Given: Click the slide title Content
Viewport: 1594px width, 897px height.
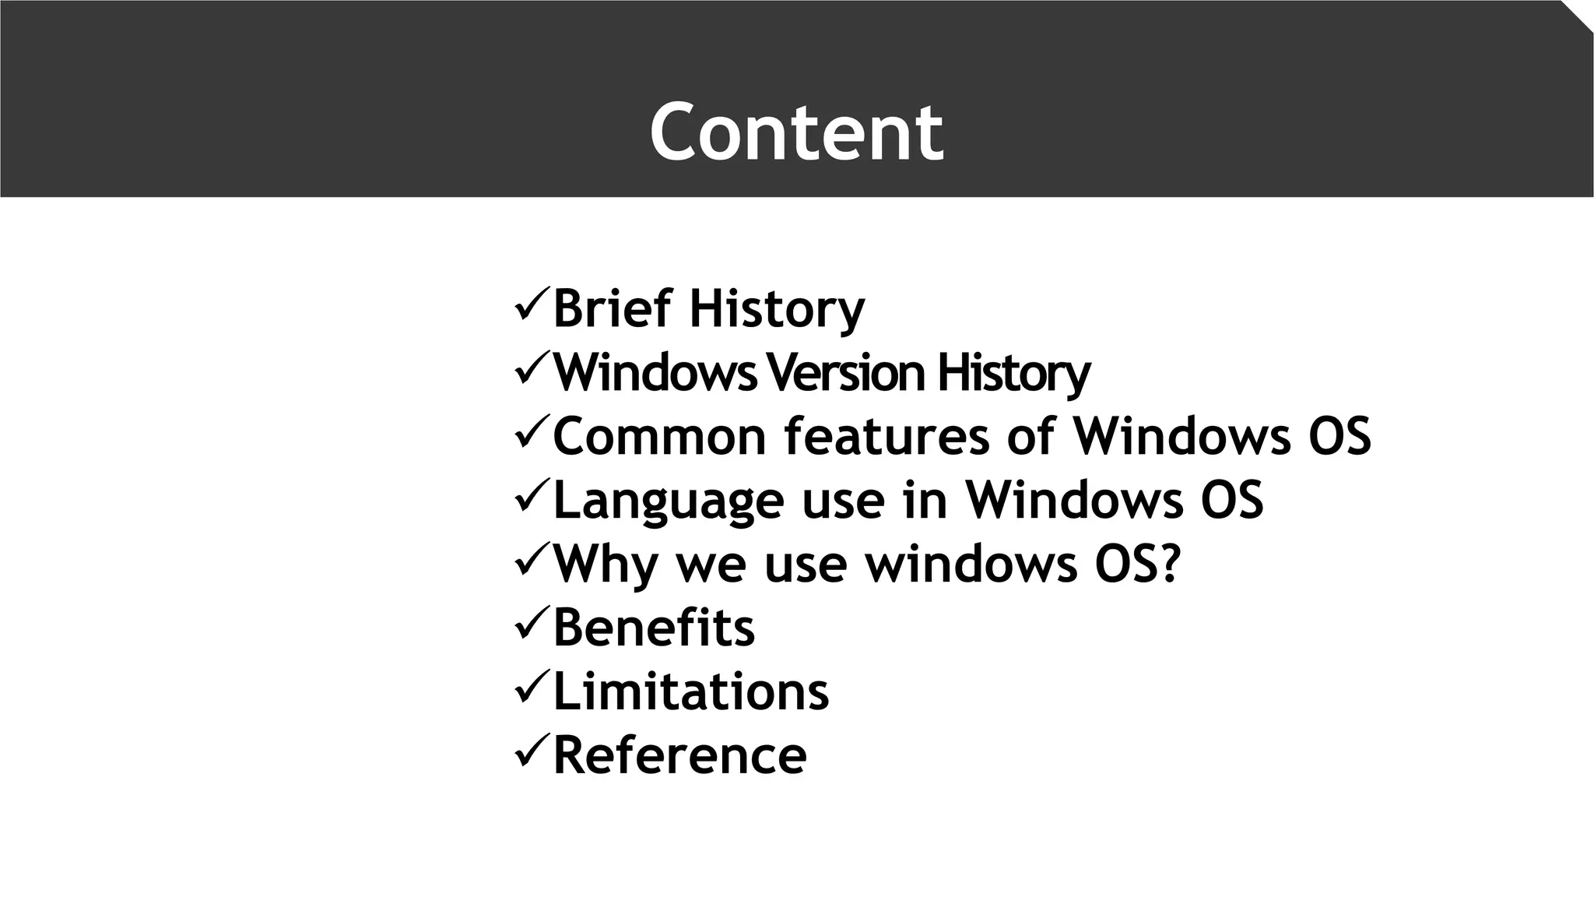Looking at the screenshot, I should click(x=796, y=132).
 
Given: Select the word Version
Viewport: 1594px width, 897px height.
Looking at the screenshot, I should click(x=845, y=373).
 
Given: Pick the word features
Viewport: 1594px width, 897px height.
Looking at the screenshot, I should click(x=887, y=436).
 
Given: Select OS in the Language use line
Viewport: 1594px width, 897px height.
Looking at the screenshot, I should click(x=1232, y=500).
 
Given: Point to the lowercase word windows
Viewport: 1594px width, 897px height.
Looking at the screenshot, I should click(x=972, y=564).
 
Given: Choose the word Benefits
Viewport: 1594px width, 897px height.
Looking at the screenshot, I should click(x=654, y=628).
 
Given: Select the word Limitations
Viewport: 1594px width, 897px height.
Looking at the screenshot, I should click(x=690, y=691).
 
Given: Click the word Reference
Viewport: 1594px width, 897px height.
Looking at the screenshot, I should click(x=679, y=755).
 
